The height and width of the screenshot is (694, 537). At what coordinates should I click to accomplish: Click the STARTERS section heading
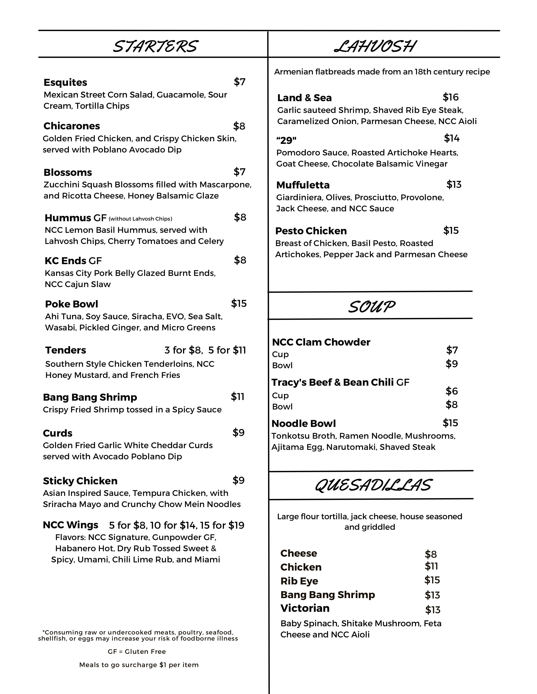point(156,46)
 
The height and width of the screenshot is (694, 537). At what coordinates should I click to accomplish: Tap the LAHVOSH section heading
point(375,46)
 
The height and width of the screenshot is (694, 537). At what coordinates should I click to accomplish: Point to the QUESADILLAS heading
point(373,486)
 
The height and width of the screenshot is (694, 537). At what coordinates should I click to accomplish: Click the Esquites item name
point(65,82)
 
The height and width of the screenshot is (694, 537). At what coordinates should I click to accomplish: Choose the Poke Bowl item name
point(72,304)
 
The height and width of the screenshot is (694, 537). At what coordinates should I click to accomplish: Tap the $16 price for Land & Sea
point(450,97)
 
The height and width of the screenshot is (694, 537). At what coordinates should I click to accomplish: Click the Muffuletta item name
point(303,185)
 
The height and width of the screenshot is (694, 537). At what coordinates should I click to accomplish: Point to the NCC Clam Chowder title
point(321,342)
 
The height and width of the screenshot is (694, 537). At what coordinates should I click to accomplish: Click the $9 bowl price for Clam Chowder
point(452,364)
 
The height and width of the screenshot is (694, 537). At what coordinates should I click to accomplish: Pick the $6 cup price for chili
point(452,391)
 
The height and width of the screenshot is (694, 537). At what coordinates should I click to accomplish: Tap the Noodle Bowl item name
point(303,424)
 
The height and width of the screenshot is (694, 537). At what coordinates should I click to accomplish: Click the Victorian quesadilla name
point(305,608)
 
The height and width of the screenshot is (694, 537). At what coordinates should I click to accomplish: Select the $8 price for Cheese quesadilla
point(431,554)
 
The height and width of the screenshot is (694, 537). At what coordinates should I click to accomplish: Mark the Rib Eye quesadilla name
point(299,581)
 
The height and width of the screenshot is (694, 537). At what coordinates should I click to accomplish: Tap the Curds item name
point(57,433)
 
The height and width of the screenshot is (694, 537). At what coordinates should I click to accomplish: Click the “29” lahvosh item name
point(286,140)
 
